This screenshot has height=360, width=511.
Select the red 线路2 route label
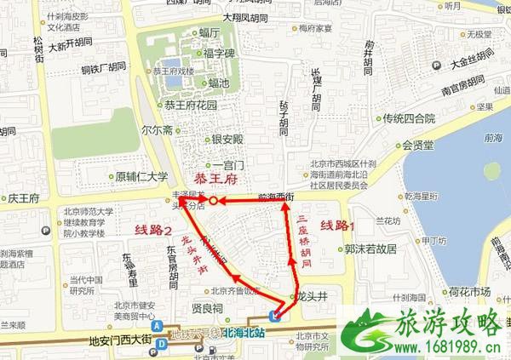tap(153, 231)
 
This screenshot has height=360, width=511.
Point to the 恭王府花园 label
tap(192, 106)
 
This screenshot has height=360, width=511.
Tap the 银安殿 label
tap(227, 139)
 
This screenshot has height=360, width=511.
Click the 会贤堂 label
tap(418, 144)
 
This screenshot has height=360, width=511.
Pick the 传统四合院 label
tap(408, 118)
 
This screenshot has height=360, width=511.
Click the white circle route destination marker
tap(214, 201)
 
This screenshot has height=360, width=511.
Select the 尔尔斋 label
tap(157, 131)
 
